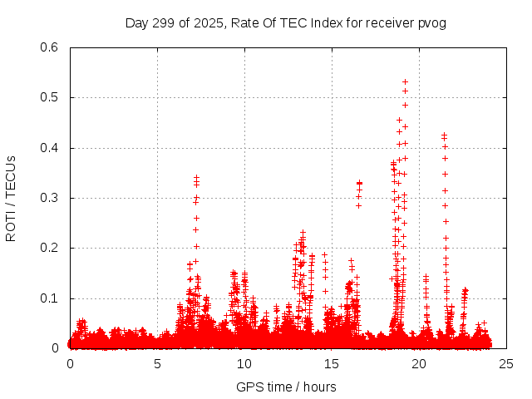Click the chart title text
point(285,23)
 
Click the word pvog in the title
point(432,23)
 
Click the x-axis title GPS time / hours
point(286,387)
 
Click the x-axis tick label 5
point(157,364)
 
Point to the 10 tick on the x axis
point(244,364)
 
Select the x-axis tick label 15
point(332,364)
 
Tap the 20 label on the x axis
point(419,364)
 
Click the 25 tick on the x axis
point(506,364)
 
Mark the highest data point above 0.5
point(405,81)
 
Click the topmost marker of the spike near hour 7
point(196,176)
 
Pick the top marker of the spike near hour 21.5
point(444,134)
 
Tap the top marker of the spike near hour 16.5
point(359,183)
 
